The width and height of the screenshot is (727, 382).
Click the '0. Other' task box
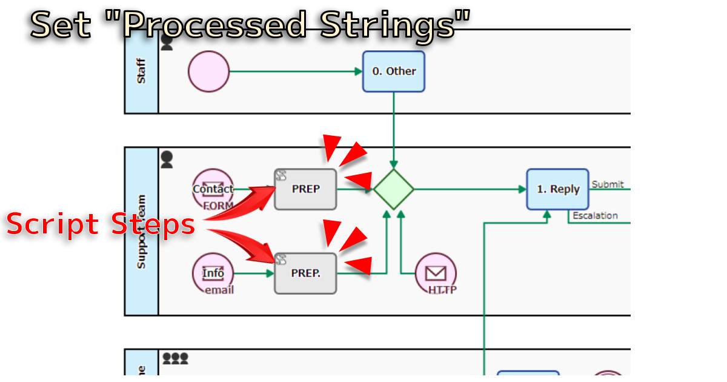(394, 72)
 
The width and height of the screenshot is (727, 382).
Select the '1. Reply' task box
(557, 189)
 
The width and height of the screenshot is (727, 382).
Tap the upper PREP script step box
(305, 189)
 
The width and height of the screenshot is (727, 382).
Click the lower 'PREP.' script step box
(305, 273)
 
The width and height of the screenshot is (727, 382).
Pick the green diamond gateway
(394, 189)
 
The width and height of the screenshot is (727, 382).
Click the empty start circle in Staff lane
(209, 72)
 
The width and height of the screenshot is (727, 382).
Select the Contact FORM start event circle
(213, 189)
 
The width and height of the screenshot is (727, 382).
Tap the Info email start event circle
(213, 273)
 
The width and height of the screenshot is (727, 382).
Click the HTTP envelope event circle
(436, 273)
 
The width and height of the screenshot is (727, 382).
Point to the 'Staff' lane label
(141, 71)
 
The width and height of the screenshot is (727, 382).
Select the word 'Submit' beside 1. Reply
(608, 184)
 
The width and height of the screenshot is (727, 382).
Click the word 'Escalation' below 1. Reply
(595, 215)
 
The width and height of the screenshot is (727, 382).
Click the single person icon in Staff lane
(167, 42)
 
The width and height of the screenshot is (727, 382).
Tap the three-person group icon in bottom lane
(175, 358)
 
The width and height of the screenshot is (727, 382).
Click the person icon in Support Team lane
(167, 160)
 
